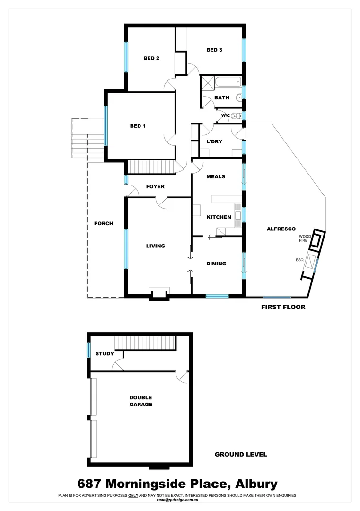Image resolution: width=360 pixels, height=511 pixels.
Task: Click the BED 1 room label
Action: click(x=137, y=126)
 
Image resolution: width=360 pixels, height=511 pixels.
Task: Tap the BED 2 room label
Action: click(x=151, y=58)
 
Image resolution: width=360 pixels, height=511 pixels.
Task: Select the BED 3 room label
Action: click(x=214, y=50)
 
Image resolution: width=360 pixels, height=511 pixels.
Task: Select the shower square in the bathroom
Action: click(x=207, y=83)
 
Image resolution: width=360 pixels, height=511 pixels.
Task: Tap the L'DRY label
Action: click(x=214, y=141)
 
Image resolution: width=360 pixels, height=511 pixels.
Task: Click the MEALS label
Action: click(x=216, y=176)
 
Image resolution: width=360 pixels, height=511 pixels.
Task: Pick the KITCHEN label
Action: click(x=219, y=217)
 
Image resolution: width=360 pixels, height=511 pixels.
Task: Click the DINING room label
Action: click(x=216, y=264)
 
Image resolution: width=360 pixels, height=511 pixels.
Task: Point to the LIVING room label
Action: click(x=155, y=246)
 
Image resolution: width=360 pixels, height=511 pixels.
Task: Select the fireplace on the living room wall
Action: click(x=158, y=294)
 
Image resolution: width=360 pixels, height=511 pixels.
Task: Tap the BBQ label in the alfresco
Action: click(x=299, y=260)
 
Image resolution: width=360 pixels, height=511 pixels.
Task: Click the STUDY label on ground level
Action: click(x=105, y=353)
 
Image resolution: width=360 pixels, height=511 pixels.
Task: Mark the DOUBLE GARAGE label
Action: click(x=141, y=401)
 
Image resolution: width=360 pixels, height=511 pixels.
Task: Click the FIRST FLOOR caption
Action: click(x=283, y=307)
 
